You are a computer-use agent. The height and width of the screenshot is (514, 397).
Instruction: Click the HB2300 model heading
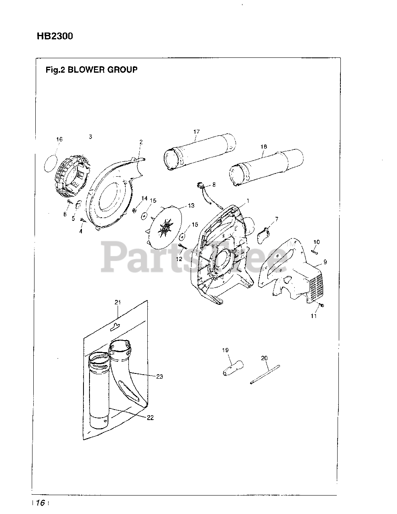[x=55, y=37]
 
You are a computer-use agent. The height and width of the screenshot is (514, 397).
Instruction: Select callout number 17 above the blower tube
[x=196, y=131]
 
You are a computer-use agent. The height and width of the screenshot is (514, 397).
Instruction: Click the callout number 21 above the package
[x=118, y=302]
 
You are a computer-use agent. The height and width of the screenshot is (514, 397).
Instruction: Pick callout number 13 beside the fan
[x=191, y=206]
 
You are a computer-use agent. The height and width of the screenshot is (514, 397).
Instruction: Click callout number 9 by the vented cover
[x=325, y=262]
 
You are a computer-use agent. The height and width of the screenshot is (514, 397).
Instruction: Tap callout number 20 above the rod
[x=264, y=358]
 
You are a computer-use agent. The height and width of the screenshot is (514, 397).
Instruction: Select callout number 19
[x=226, y=350]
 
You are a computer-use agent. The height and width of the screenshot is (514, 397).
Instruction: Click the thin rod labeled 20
[x=265, y=374]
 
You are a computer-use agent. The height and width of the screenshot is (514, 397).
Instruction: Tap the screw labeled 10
[x=314, y=252]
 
